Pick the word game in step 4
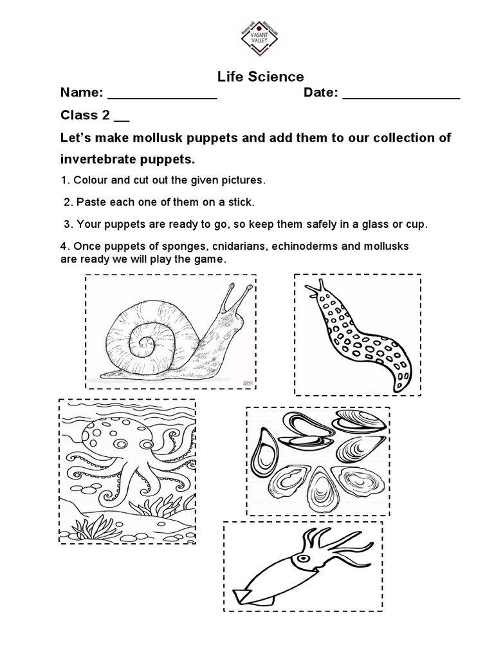click(210, 259)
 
